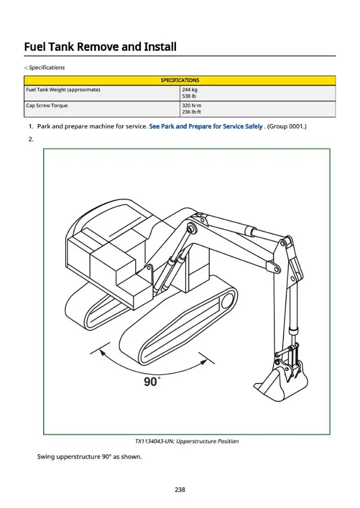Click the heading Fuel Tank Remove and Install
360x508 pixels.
coord(100,47)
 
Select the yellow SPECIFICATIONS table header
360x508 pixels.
coord(179,80)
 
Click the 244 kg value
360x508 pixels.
coord(189,90)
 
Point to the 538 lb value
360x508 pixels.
coord(189,96)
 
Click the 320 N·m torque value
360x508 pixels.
coord(191,106)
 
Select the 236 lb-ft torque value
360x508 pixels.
coord(191,112)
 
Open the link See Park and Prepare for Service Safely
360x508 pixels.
coord(205,126)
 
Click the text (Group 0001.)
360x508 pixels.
coord(287,126)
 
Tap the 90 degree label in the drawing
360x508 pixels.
coord(152,382)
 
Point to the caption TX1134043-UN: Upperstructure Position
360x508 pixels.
coord(187,441)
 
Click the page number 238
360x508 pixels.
coord(180,490)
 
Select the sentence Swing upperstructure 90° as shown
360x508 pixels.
coord(89,457)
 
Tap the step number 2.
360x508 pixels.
coord(31,139)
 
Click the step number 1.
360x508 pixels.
coord(31,126)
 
